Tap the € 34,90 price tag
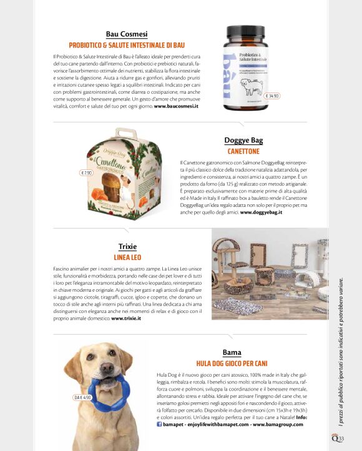click(272, 96)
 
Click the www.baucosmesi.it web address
click(176, 107)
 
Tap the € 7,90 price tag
click(87, 172)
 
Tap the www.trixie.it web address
click(126, 318)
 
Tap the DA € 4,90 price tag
click(83, 397)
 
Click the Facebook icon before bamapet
click(160, 424)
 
